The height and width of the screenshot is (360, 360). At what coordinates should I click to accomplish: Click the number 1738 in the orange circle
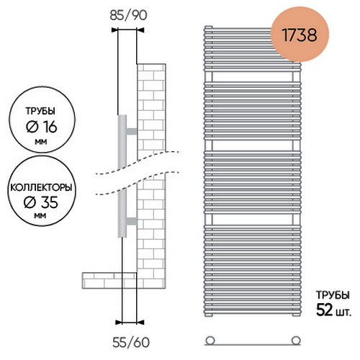point(300,35)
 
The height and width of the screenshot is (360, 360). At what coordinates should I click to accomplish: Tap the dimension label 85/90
point(128,15)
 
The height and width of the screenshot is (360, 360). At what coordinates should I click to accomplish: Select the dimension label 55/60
point(131,343)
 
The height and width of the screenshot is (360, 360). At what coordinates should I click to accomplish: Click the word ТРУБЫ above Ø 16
point(40,111)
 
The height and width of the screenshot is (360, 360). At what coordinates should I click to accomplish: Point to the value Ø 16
point(42,127)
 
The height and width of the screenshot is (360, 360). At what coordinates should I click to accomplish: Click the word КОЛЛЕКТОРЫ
point(41,187)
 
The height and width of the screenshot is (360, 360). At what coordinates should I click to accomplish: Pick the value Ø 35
point(41,202)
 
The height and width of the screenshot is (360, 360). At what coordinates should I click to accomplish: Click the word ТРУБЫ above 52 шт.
point(333,295)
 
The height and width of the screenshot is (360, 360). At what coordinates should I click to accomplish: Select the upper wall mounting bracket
point(132,131)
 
